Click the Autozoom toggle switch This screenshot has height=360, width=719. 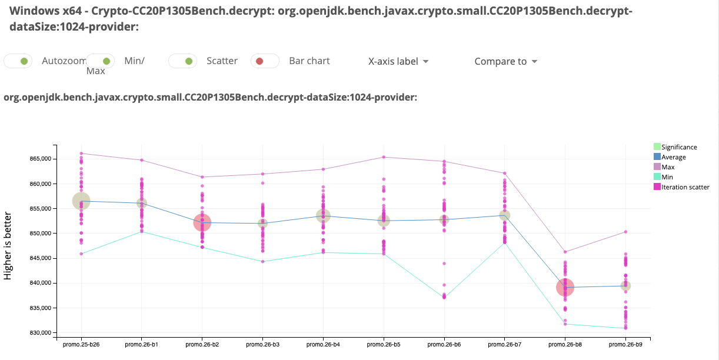[x=18, y=61]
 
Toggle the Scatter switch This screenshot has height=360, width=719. [x=182, y=61]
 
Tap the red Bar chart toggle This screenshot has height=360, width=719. [x=265, y=61]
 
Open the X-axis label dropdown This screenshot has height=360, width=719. [x=398, y=61]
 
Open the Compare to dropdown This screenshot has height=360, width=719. [x=506, y=61]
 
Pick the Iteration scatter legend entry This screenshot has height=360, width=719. [x=685, y=187]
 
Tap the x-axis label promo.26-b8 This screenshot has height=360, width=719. [x=565, y=345]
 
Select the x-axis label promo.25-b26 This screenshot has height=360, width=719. [x=81, y=345]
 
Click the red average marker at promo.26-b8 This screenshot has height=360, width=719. [x=565, y=288]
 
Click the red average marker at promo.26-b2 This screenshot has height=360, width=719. [x=202, y=222]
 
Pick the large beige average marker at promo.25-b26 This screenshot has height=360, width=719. [x=81, y=201]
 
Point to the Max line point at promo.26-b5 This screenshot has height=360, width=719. [x=384, y=157]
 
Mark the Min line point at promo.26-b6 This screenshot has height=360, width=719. [x=444, y=297]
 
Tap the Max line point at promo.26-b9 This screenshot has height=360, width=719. [x=625, y=232]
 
